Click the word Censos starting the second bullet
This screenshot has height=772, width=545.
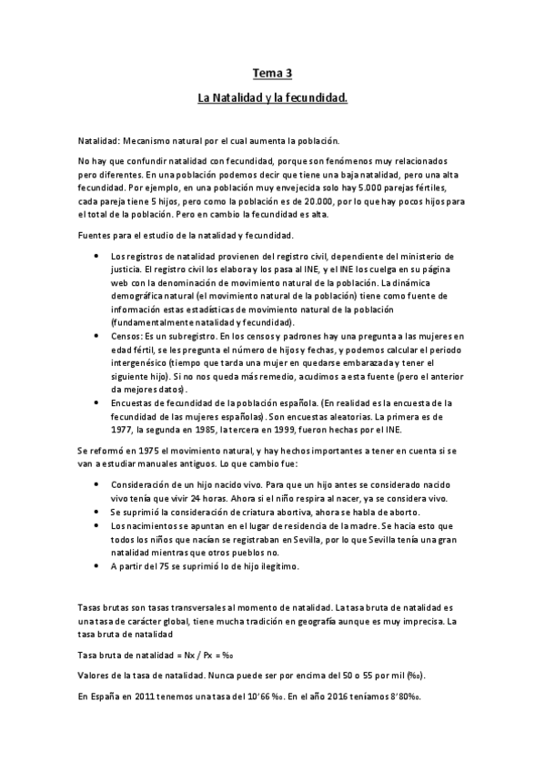pyautogui.click(x=126, y=336)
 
